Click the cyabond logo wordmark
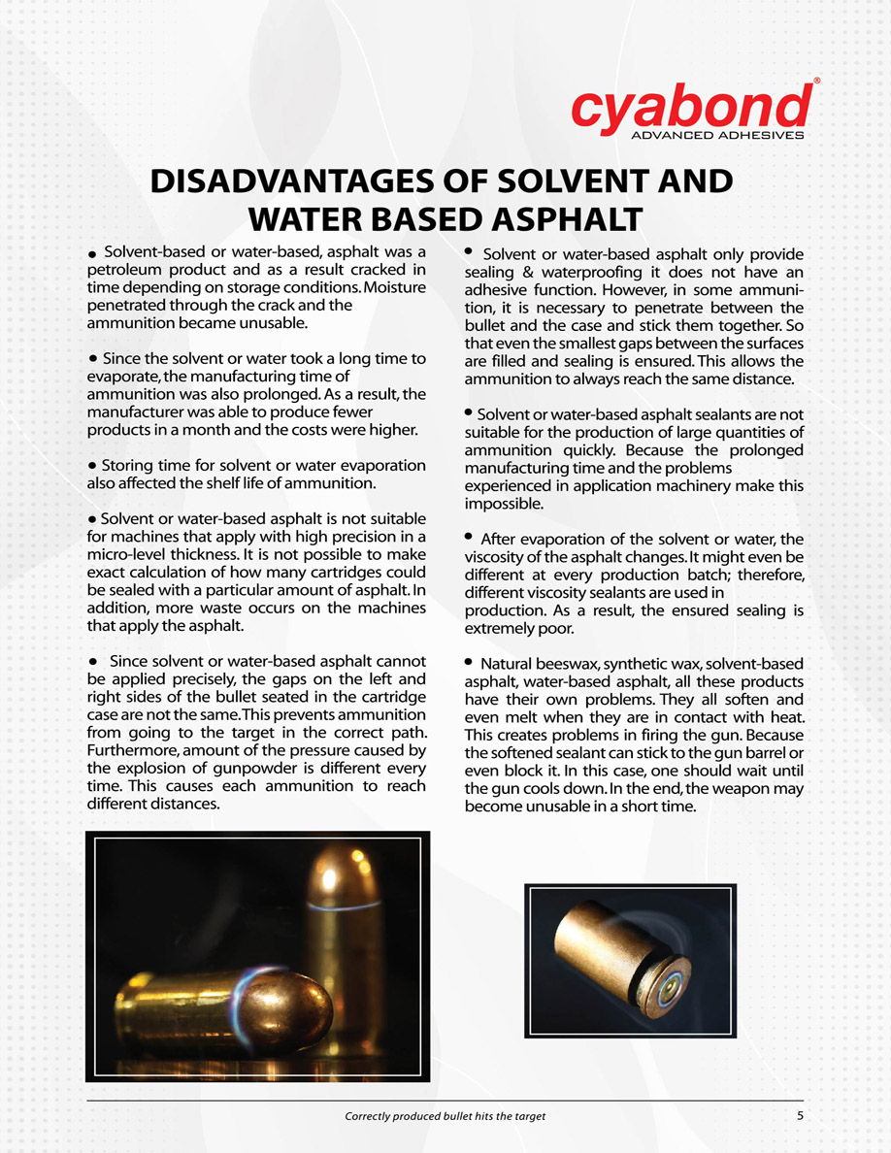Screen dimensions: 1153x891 (x=691, y=106)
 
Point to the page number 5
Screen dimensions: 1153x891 (x=801, y=1115)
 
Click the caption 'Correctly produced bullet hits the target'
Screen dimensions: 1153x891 (x=445, y=1116)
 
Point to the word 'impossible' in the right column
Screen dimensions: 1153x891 (x=502, y=505)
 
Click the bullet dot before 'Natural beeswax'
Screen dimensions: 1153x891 (x=469, y=662)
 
